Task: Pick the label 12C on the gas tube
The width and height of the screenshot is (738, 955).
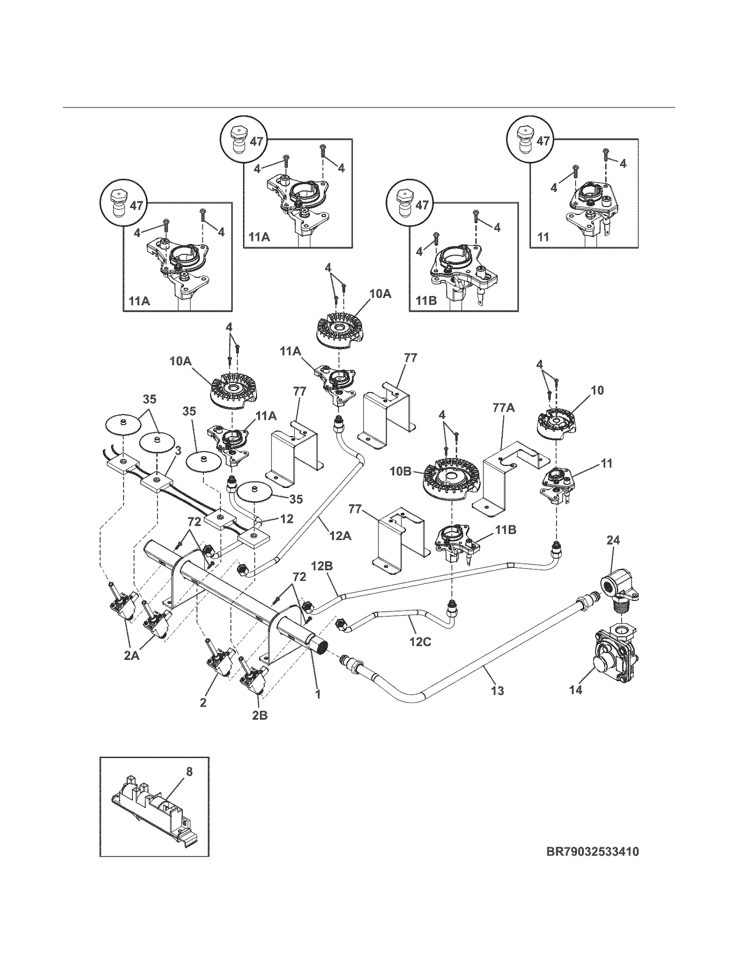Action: pos(420,641)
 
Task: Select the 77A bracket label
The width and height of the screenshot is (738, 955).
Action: pos(504,408)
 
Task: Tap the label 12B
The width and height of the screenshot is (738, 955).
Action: pos(321,566)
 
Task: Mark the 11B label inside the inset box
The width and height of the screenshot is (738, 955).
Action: pos(426,301)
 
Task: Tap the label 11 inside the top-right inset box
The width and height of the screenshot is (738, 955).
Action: pos(543,237)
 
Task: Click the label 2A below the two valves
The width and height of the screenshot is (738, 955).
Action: pos(131,655)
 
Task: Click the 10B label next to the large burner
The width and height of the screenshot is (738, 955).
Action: pos(401,472)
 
